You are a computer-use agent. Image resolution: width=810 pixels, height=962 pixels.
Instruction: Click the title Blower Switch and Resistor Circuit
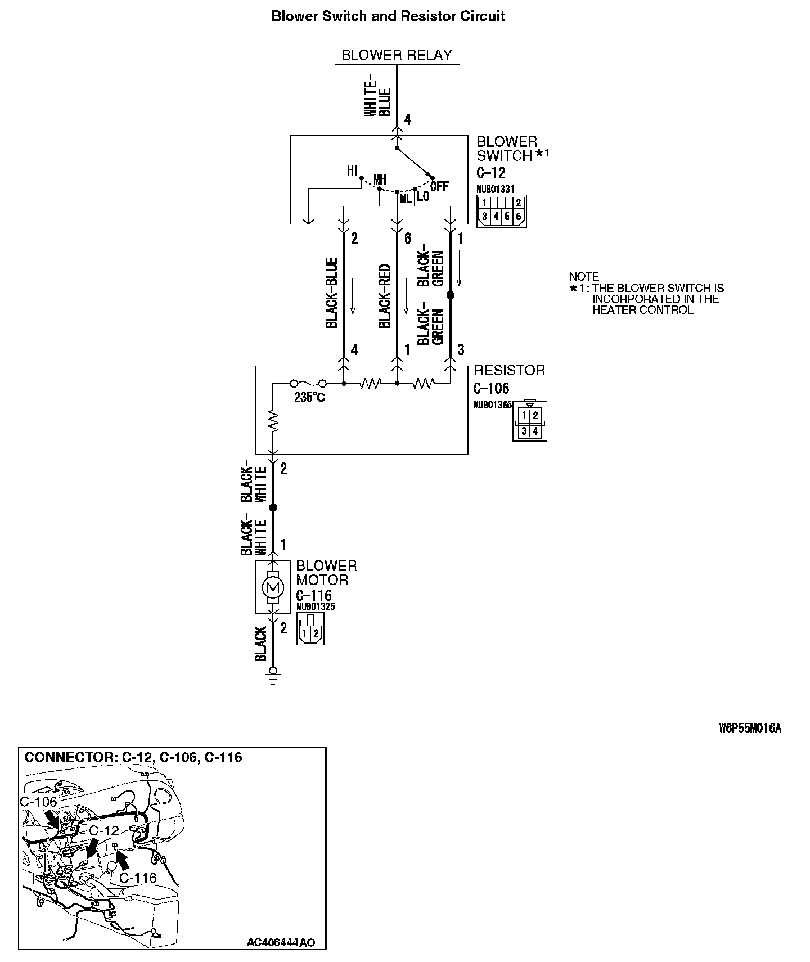coord(388,16)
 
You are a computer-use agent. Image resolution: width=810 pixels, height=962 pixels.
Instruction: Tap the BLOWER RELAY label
coord(397,55)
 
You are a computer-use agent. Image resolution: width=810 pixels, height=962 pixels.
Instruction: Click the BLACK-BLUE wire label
coord(331,293)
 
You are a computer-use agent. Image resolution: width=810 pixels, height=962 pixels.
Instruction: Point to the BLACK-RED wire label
coord(385,296)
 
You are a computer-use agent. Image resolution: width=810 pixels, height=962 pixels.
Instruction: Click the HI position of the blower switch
coord(353,171)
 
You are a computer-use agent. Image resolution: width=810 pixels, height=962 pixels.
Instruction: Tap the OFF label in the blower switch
coord(439,186)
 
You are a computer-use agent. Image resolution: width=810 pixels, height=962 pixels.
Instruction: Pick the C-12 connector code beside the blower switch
coord(490,173)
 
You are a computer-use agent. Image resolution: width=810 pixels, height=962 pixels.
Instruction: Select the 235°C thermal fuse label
coord(309,397)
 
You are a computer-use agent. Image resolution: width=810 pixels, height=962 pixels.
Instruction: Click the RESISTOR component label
coord(510,370)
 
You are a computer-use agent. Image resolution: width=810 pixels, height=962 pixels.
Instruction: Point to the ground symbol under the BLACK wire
coord(273,675)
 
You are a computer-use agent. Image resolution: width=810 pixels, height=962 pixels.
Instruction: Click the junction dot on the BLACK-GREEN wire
coord(450,295)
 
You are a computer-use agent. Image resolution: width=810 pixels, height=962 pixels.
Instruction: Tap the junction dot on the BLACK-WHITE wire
coord(273,508)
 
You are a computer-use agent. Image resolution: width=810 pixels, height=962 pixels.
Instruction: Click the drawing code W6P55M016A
coord(750,729)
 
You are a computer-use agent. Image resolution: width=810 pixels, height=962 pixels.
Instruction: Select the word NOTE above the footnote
coord(584,277)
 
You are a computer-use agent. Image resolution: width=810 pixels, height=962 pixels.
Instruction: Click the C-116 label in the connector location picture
coord(138,877)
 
